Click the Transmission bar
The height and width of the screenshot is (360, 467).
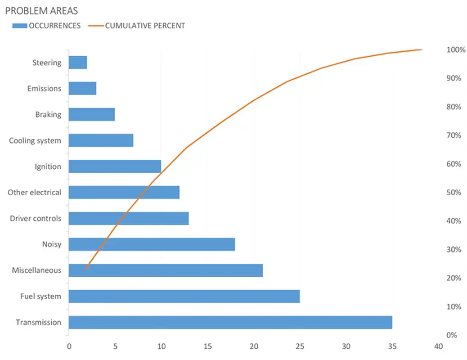[x=230, y=322]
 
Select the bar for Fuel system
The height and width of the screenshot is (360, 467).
[x=184, y=296]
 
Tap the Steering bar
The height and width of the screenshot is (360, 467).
[x=78, y=63]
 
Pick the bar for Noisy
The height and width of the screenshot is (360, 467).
[x=152, y=244]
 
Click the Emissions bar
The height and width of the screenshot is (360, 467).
[x=82, y=88]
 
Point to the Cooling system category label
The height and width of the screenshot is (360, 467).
[x=35, y=140]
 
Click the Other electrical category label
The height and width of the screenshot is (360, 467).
[x=34, y=192]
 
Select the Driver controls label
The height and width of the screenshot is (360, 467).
[x=36, y=218]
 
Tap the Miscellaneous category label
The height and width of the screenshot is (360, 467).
[x=36, y=270]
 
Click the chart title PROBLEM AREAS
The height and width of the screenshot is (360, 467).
[x=41, y=10]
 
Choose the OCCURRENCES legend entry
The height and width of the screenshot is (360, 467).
[x=47, y=26]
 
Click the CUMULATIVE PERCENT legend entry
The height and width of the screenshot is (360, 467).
[x=138, y=26]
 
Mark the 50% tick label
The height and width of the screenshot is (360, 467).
[x=454, y=192]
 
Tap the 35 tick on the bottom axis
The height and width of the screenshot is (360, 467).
[x=392, y=346]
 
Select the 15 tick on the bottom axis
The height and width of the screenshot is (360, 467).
[x=207, y=346]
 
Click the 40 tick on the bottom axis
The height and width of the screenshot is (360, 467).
[x=439, y=346]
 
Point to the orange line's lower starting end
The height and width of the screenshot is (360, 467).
[x=85, y=269]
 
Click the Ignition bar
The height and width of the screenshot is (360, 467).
[x=115, y=166]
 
